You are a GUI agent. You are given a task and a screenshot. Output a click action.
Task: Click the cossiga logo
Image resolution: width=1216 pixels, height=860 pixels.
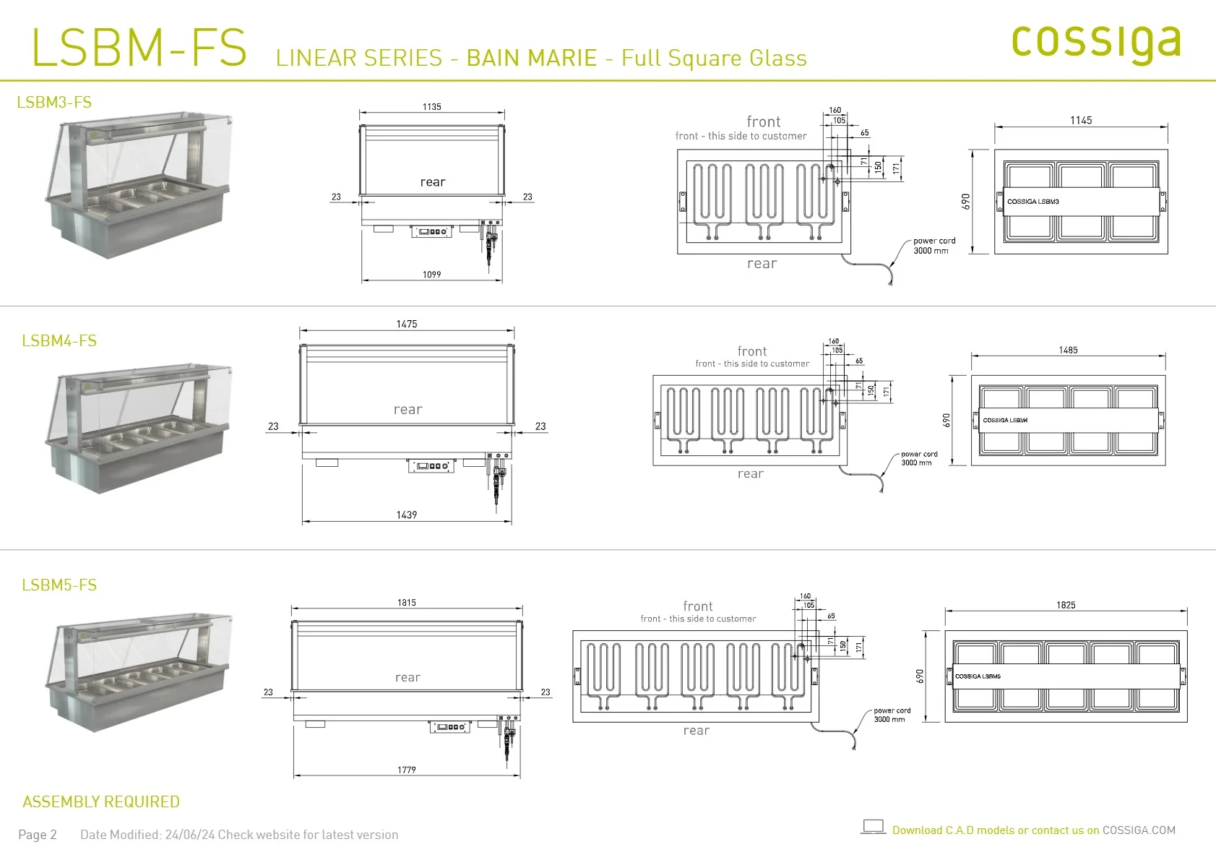(1096, 44)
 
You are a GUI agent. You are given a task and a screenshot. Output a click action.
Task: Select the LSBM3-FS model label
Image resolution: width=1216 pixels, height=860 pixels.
(54, 102)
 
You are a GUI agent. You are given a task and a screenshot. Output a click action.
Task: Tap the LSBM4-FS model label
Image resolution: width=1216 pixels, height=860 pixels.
(59, 340)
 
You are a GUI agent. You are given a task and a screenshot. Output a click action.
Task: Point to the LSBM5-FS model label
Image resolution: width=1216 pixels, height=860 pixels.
(59, 585)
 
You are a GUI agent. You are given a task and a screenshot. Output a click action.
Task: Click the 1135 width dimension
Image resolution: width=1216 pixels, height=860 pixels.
(431, 106)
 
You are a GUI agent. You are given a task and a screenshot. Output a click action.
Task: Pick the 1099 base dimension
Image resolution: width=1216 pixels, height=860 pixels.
(431, 274)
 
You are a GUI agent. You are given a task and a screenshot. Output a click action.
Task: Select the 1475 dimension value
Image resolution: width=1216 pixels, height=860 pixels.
(407, 324)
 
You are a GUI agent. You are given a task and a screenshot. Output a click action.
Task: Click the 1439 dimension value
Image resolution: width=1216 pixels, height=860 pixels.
(407, 514)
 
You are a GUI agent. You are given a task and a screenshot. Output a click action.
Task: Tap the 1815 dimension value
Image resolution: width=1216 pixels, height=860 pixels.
(407, 602)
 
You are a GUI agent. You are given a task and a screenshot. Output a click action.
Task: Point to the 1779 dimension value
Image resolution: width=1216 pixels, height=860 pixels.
(407, 770)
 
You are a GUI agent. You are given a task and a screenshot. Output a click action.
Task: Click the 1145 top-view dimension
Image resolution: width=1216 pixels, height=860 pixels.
(1081, 120)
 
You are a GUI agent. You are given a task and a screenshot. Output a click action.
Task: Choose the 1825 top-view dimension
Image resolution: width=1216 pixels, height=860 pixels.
(1066, 605)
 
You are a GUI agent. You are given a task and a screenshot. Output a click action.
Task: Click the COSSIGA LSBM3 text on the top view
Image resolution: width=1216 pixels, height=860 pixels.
(1033, 202)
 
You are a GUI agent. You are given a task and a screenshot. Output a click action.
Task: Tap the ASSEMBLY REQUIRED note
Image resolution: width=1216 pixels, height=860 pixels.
(101, 801)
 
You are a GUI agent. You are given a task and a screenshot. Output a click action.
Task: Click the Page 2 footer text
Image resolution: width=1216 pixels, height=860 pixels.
(38, 835)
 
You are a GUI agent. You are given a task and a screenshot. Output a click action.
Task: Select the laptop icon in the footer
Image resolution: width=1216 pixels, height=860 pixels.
(873, 827)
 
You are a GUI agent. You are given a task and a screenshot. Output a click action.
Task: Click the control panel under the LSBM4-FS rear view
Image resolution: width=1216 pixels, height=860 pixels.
(431, 465)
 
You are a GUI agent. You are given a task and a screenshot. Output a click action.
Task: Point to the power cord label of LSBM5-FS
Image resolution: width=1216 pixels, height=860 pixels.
(892, 715)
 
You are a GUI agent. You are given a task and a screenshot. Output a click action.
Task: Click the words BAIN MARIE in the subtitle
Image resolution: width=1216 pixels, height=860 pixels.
(532, 58)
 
